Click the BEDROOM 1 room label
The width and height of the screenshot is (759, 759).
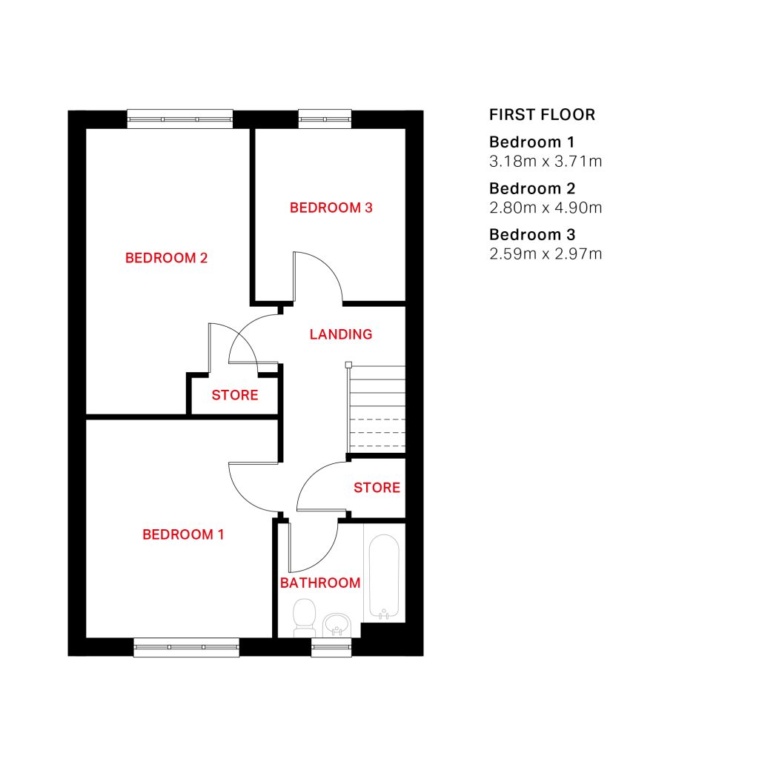click(x=183, y=534)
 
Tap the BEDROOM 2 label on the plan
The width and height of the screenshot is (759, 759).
click(x=166, y=258)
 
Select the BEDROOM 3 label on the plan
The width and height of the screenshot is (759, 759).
click(x=331, y=208)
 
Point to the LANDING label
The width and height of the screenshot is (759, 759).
click(x=341, y=334)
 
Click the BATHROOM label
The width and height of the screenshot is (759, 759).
click(x=320, y=583)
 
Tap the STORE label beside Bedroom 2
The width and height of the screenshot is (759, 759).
click(x=235, y=395)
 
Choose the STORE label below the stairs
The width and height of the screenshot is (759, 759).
click(x=377, y=488)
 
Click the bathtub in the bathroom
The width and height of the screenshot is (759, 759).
click(x=384, y=577)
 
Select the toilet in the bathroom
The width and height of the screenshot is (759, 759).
click(x=305, y=617)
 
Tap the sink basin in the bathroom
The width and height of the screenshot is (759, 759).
click(x=337, y=625)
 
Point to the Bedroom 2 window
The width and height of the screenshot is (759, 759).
click(x=179, y=119)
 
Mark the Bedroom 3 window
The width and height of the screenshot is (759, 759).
click(x=325, y=119)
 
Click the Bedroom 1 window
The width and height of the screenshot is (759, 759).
click(x=186, y=647)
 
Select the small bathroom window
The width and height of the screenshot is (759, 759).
click(x=331, y=647)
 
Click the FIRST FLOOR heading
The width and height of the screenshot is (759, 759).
click(x=542, y=115)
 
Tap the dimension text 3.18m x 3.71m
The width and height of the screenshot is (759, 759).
click(x=546, y=161)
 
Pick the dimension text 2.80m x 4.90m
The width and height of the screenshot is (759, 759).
click(x=546, y=208)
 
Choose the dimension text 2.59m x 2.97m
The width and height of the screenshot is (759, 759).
click(x=546, y=253)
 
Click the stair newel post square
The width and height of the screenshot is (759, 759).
click(x=348, y=365)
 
